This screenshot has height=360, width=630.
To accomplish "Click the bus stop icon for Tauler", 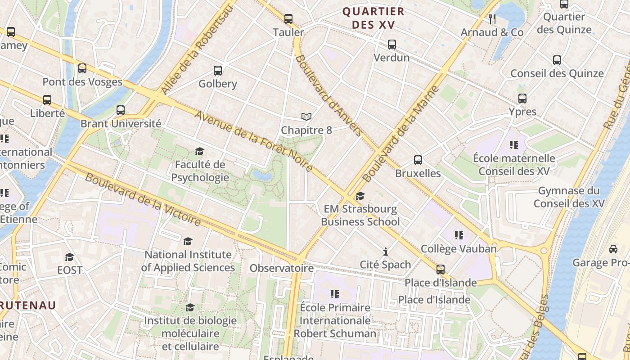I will point(288,19).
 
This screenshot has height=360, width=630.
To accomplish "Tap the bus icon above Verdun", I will point(392,45).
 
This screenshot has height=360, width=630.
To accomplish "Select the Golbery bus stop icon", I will point(218,71).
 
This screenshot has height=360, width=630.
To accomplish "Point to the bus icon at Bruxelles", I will point(418,160).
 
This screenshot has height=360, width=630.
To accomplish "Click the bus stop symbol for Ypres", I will point(522,99).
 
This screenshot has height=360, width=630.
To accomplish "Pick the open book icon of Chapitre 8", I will point(306,117).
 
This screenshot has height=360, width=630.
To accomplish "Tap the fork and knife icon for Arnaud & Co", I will point(492,19).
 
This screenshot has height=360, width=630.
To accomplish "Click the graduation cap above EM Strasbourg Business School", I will point(360,196).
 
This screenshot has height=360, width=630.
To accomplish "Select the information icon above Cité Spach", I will point(385,252).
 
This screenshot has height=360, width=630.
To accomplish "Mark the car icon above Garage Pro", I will point(613,249).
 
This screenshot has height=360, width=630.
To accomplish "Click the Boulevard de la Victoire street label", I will point(143,200).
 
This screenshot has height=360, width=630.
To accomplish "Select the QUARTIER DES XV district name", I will point(373,18).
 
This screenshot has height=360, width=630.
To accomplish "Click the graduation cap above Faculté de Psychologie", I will point(199,152).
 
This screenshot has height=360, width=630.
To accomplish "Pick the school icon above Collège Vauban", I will point(459,235).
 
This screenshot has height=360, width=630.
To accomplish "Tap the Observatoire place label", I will point(282,268).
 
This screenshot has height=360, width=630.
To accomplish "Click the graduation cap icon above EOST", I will point(69,257).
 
